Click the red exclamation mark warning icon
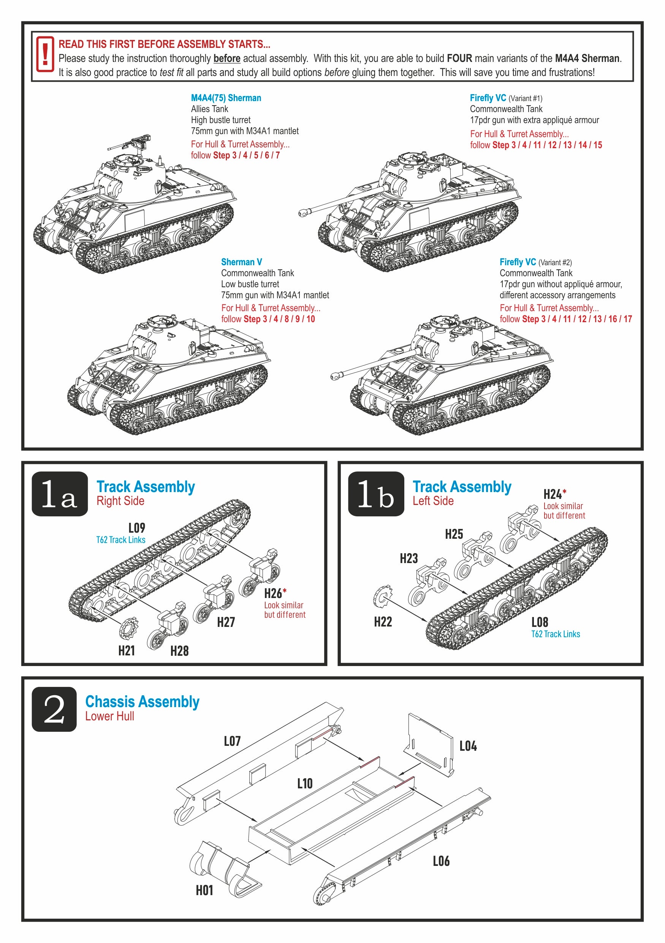(x=45, y=54)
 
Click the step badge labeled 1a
(x=60, y=493)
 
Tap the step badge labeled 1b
(x=375, y=493)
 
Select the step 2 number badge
(x=54, y=709)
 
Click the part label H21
(x=127, y=650)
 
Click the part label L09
(x=137, y=528)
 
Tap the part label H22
(x=382, y=622)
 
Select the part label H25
(x=453, y=534)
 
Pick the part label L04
(x=468, y=746)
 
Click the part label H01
(x=204, y=891)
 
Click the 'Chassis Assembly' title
(x=142, y=702)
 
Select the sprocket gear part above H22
(x=382, y=596)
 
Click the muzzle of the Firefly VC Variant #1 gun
(x=304, y=212)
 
